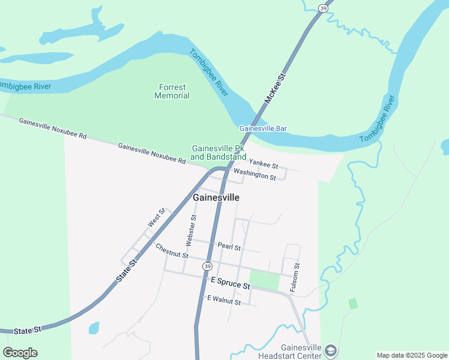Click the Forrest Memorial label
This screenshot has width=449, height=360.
click(x=172, y=91)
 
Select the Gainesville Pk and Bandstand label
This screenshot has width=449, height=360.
click(x=218, y=152)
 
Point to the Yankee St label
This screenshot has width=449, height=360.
click(x=264, y=163)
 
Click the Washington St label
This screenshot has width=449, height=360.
click(x=255, y=175)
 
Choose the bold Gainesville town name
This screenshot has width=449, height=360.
click(x=216, y=197)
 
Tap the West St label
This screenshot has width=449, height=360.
click(x=157, y=218)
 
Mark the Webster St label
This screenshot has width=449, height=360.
click(x=191, y=230)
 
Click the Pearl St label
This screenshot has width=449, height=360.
click(x=229, y=247)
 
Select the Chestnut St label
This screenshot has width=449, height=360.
click(x=172, y=251)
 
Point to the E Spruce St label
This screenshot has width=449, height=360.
click(x=230, y=283)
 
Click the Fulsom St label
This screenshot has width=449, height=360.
click(x=294, y=277)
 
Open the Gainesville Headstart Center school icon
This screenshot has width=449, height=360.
click(x=330, y=350)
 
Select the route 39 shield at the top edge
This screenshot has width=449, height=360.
click(x=323, y=8)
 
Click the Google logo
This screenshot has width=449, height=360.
click(x=20, y=353)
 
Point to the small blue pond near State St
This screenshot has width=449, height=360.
click(x=94, y=328)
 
